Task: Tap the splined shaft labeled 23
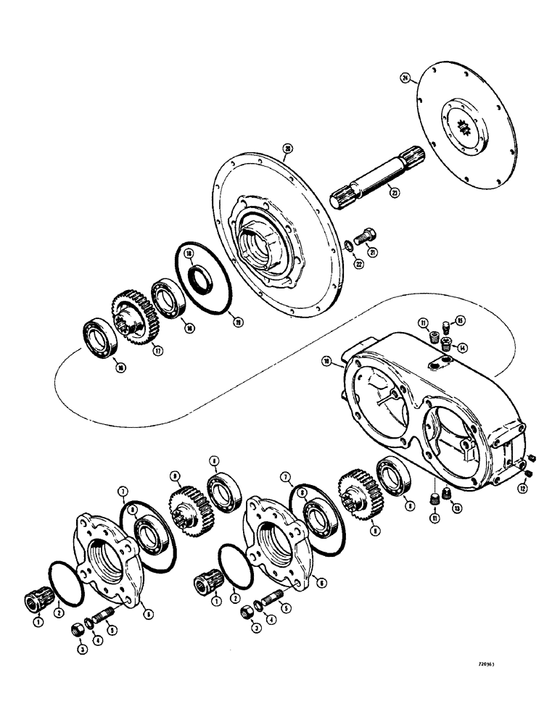pos(373,188)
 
